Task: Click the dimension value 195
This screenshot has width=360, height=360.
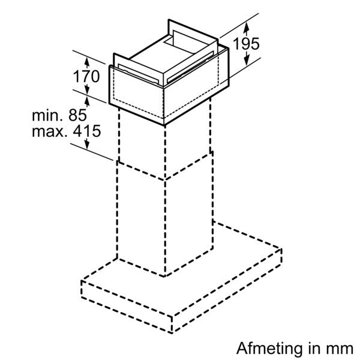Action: (246, 43)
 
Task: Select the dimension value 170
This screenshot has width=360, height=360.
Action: (86, 76)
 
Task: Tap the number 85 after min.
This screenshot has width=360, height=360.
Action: (77, 115)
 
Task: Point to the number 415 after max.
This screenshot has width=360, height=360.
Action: (87, 131)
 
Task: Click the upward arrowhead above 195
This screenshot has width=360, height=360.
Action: (247, 27)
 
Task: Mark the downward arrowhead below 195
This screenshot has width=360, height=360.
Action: (247, 61)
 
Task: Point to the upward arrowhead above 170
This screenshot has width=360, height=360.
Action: (87, 62)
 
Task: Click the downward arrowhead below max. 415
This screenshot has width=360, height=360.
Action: (87, 144)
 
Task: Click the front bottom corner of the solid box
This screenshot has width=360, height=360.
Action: (164, 125)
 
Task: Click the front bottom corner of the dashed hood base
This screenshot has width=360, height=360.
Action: (172, 332)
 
